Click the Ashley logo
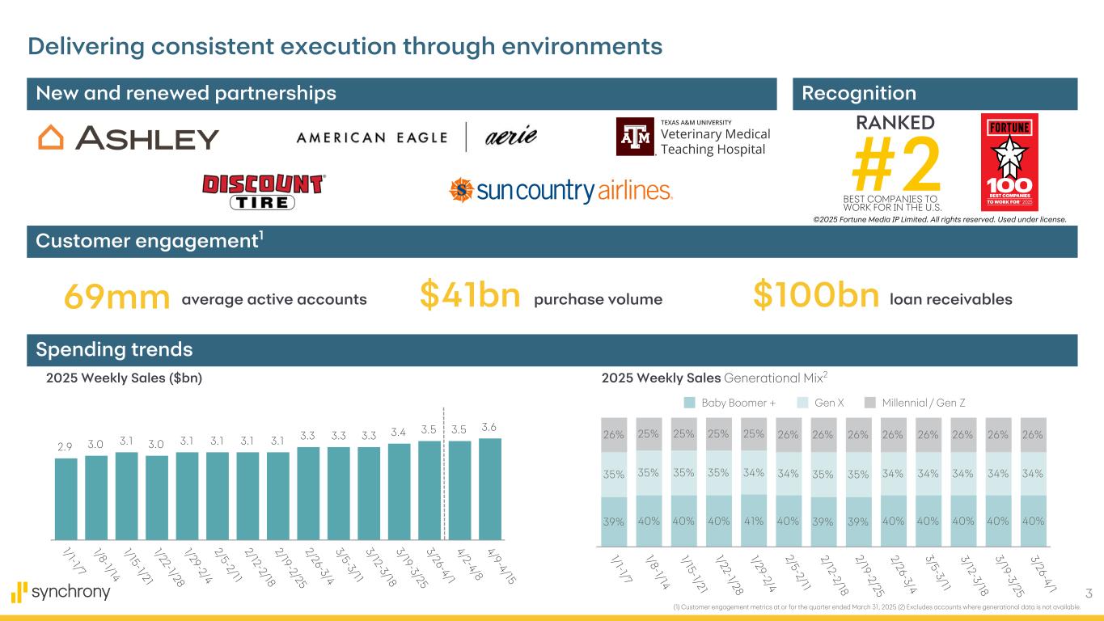tap(129, 138)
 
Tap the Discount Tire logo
tap(263, 192)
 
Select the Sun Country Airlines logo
tap(560, 190)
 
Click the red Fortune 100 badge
tap(1009, 162)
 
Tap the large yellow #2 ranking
tap(897, 163)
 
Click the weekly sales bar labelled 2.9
tap(66, 498)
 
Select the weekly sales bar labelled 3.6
tap(490, 488)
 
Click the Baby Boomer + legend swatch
tap(689, 403)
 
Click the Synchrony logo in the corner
tap(61, 592)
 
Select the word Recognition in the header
tap(859, 94)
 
